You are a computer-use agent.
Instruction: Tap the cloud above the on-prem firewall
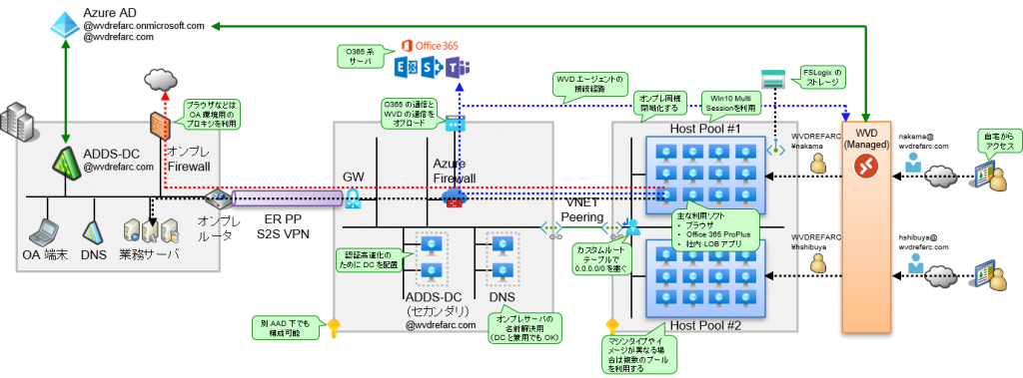click(x=160, y=80)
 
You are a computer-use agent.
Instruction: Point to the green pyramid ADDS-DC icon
click(x=67, y=158)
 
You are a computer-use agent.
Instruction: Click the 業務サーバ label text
click(x=149, y=254)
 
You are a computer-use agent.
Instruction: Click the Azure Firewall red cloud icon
click(x=454, y=197)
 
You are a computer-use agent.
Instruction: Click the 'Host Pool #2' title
click(x=703, y=325)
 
